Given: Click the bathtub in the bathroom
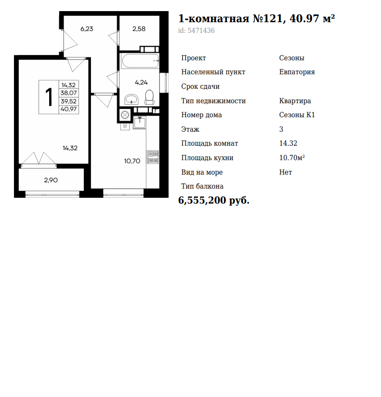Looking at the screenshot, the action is tap(140, 61).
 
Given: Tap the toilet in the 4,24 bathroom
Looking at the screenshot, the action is tap(149, 97).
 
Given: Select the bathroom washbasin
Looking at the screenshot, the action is tap(131, 99).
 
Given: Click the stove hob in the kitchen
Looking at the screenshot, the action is tap(153, 157).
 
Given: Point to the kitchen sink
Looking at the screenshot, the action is tap(140, 123).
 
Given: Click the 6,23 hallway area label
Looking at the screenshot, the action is tap(87, 29).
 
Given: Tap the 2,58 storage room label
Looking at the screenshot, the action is tap(139, 29).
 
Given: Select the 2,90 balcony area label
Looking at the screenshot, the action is tap(51, 180).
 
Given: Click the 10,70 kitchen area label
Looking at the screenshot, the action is tap(132, 161).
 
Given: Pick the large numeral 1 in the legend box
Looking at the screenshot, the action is tap(49, 97).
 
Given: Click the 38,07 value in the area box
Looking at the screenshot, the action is tap(68, 93).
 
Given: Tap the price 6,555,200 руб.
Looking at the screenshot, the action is tap(214, 200).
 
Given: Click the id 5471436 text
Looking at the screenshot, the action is tap(196, 30).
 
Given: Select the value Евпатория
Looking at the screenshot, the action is tap(297, 72).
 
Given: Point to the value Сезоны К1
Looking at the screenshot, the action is tap(297, 115).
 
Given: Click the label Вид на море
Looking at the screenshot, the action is tap(202, 172).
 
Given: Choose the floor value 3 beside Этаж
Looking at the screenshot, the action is tap(281, 129).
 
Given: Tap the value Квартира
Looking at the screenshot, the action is tap(295, 101).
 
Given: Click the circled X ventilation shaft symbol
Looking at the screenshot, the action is tap(125, 115).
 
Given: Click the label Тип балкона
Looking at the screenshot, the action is tap(202, 186).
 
